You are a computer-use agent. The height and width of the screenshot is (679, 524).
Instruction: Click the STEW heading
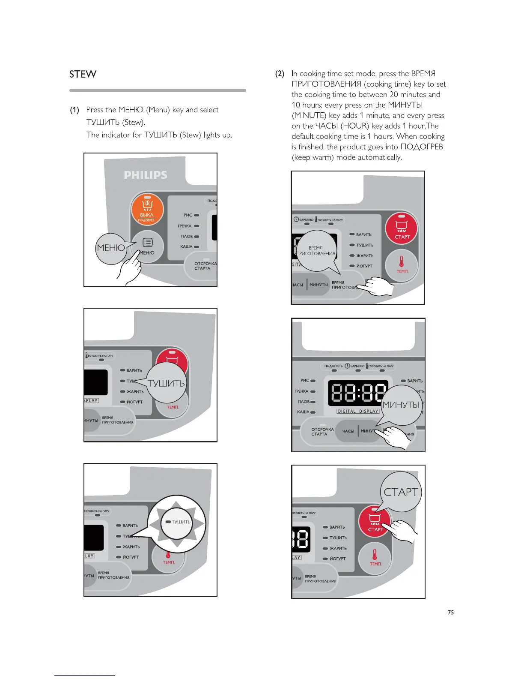(83, 74)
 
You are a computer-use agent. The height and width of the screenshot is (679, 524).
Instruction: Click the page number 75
(450, 613)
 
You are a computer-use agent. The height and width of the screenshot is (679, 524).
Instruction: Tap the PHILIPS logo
(146, 175)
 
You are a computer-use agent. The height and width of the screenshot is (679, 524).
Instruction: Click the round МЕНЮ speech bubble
(111, 248)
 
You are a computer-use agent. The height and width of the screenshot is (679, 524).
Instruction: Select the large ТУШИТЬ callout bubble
(167, 383)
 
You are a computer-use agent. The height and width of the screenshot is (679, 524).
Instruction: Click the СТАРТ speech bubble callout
(401, 492)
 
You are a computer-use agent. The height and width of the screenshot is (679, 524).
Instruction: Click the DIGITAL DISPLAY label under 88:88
(358, 411)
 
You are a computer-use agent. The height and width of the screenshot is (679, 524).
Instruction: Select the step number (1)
(74, 110)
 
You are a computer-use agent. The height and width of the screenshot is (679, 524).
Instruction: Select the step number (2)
(280, 74)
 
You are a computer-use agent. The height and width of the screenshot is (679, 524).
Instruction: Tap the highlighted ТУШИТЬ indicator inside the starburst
(178, 522)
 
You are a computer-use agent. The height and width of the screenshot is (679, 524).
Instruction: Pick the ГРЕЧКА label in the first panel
(185, 226)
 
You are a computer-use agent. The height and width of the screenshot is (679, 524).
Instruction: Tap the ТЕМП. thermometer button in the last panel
(375, 557)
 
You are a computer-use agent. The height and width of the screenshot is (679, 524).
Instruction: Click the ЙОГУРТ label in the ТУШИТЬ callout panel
(134, 402)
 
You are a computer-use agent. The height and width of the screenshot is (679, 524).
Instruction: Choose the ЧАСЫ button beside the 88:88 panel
(348, 431)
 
